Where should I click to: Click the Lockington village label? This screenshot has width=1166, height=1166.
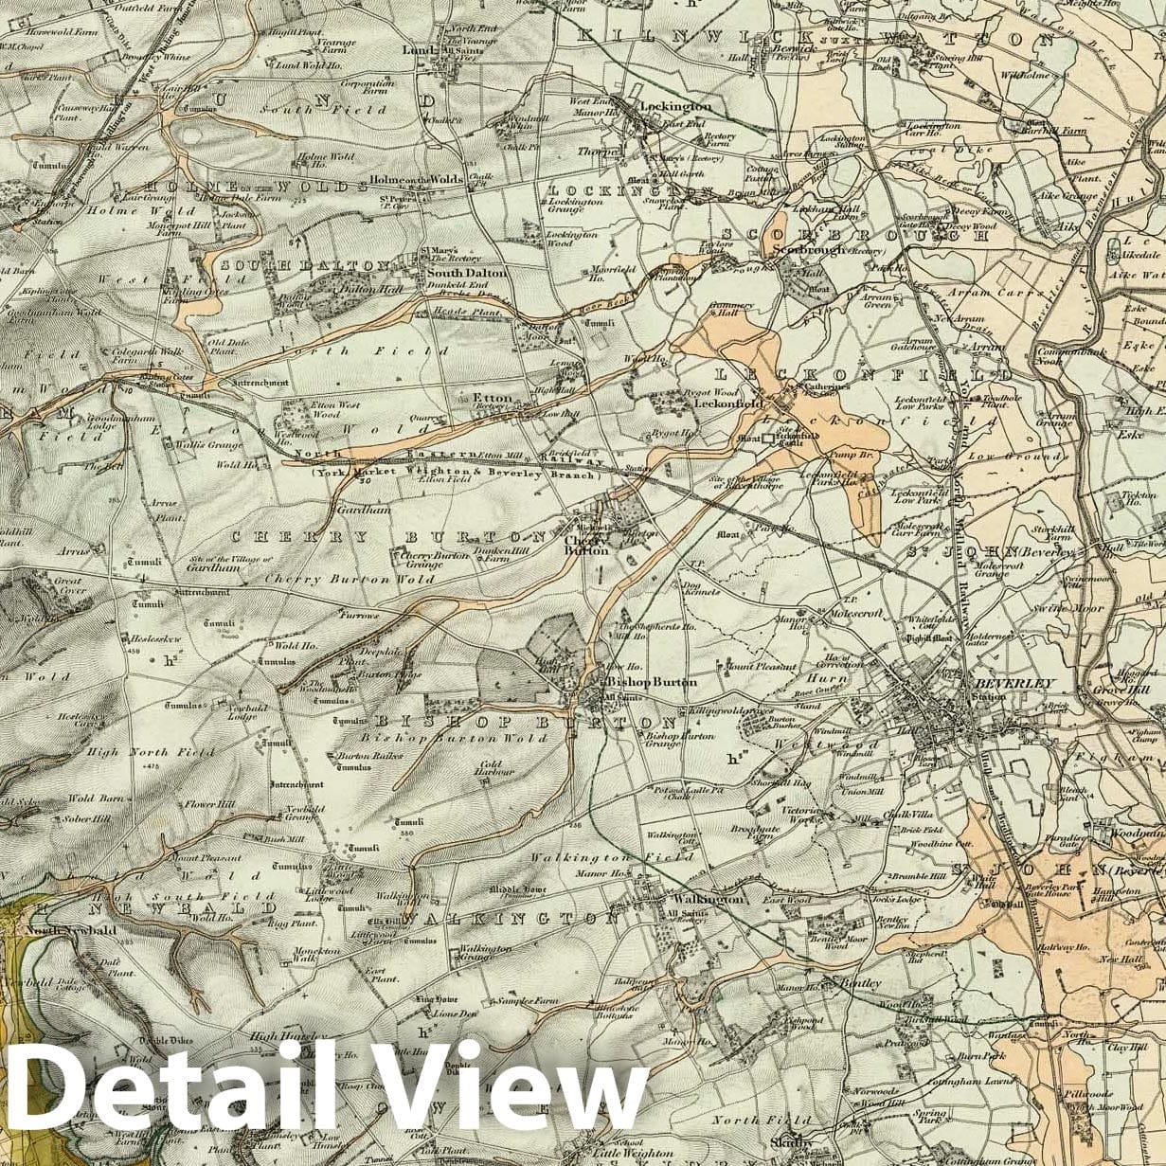pos(675,107)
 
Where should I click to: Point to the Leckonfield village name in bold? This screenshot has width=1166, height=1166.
pos(729,403)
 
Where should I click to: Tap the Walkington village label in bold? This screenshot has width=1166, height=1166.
pos(708,899)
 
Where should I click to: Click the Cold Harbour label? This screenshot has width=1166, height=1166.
pos(496,766)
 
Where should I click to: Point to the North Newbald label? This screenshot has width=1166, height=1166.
pos(71,930)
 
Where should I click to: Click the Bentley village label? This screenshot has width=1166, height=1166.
pos(861,983)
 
